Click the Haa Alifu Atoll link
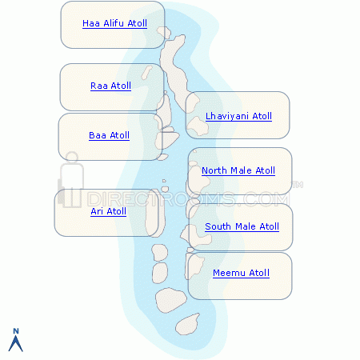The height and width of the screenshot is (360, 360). (x=114, y=23)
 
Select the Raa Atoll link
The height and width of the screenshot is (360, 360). (x=110, y=86)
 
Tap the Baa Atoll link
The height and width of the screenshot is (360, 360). (x=109, y=135)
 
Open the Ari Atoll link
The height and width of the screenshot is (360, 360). (x=108, y=211)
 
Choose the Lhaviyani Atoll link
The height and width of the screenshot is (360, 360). (x=238, y=116)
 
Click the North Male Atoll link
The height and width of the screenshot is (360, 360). (x=238, y=170)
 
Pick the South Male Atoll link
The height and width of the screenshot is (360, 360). (x=242, y=226)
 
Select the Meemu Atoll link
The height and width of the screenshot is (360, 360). (x=241, y=273)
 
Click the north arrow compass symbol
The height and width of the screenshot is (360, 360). (x=16, y=343)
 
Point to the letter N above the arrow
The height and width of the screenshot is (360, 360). (x=16, y=331)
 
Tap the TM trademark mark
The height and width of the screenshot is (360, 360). (x=298, y=185)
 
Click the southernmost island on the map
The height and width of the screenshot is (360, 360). (x=188, y=325)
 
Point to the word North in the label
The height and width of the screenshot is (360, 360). (x=214, y=170)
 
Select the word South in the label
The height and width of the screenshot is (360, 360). (x=218, y=226)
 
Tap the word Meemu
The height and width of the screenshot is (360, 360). (x=229, y=273)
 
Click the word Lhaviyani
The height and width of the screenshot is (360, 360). (x=227, y=116)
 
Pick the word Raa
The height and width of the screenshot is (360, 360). (x=99, y=86)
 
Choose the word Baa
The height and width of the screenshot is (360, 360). (x=98, y=135)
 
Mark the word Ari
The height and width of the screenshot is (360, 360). (x=97, y=211)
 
